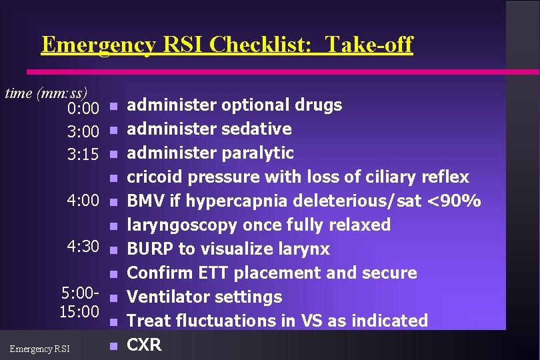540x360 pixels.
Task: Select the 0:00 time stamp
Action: [x=83, y=107]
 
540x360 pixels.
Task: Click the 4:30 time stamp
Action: [x=83, y=247]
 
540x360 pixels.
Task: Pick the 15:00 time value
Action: [x=79, y=311]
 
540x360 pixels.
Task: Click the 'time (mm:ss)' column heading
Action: [x=46, y=93]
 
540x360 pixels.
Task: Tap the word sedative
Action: [x=257, y=129]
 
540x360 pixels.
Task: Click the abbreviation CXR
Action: [x=144, y=345]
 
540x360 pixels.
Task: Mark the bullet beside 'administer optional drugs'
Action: [x=113, y=105]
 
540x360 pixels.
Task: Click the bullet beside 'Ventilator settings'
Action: [x=113, y=297]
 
